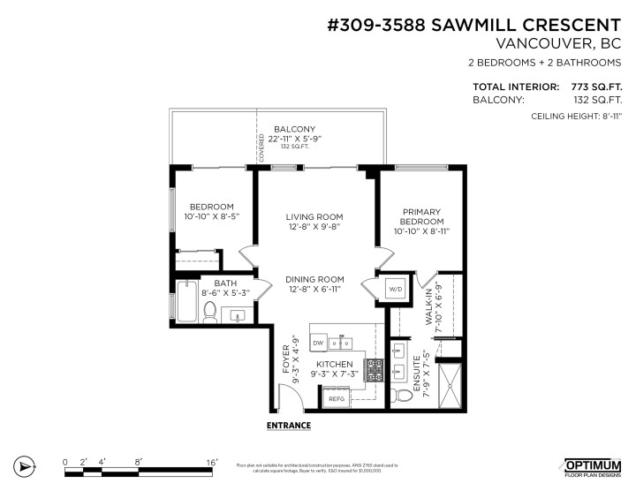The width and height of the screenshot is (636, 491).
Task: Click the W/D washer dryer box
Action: coord(394,288)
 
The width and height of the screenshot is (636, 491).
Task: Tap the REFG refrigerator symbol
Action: coord(337,399)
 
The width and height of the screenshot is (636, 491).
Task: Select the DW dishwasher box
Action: coord(317,342)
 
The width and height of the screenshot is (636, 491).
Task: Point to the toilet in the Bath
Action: coord(210,310)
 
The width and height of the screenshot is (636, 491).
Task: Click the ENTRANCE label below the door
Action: coord(289,426)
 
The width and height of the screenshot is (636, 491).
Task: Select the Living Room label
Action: coord(314,216)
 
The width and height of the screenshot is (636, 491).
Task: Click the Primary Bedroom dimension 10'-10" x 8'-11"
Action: coord(421,231)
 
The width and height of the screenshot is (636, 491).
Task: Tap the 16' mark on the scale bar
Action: coord(212,460)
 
